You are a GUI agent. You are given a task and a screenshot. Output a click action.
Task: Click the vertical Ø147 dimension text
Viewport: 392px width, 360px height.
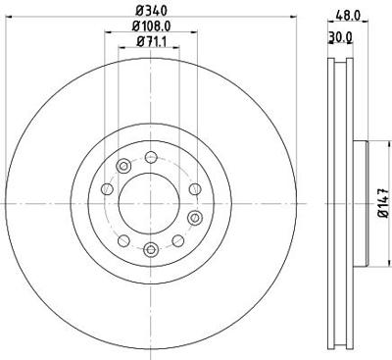[x=381, y=202]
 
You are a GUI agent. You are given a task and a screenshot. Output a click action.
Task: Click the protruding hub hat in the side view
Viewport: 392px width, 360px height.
[x=361, y=202]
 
